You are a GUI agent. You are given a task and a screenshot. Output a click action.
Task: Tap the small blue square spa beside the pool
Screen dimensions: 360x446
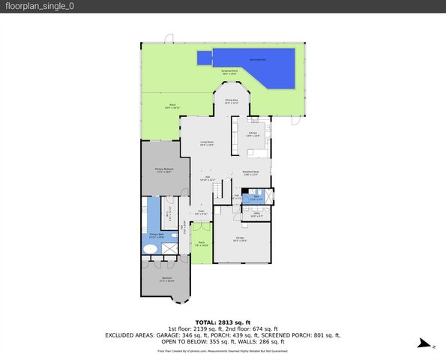[204, 58]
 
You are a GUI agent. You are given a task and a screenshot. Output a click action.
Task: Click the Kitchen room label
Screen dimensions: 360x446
[253, 134]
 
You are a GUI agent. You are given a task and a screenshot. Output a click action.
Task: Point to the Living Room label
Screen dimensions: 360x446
[207, 142]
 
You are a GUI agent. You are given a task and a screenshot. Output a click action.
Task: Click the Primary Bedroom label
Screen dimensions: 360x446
[164, 169]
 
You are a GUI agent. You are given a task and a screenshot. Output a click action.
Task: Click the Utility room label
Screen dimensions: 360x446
[256, 215]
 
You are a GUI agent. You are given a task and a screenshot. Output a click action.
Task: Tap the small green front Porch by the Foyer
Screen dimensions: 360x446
[202, 243]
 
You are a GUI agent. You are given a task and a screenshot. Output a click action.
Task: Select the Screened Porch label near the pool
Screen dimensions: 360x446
[229, 73]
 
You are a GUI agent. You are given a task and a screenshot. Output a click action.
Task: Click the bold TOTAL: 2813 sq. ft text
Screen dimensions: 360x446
[222, 322]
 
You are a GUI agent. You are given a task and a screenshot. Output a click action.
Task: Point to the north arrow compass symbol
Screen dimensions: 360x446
[424, 344]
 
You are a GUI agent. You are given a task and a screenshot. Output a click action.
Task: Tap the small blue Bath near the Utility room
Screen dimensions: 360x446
[256, 199]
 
